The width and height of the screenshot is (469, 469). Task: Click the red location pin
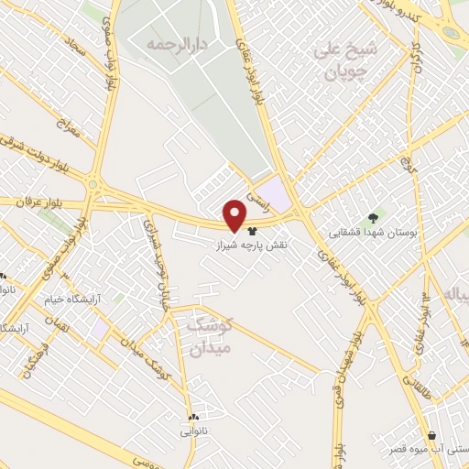click(235, 215)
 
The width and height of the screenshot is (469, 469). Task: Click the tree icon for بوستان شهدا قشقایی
click(372, 218)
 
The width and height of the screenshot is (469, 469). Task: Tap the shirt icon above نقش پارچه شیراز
click(253, 233)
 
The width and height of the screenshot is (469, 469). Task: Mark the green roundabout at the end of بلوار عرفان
click(94, 187)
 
